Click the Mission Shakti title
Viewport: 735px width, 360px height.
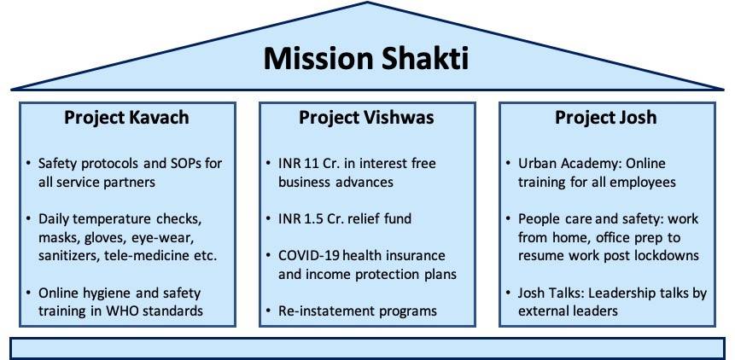[366, 59]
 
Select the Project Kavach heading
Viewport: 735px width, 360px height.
[126, 118]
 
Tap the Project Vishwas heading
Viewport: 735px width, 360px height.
[366, 118]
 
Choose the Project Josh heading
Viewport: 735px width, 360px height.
[606, 118]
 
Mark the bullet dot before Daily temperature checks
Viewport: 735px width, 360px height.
[29, 218]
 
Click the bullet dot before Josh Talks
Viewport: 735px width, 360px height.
[509, 293]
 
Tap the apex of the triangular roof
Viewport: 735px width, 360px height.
[367, 3]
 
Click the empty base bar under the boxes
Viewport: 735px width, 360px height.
[367, 348]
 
